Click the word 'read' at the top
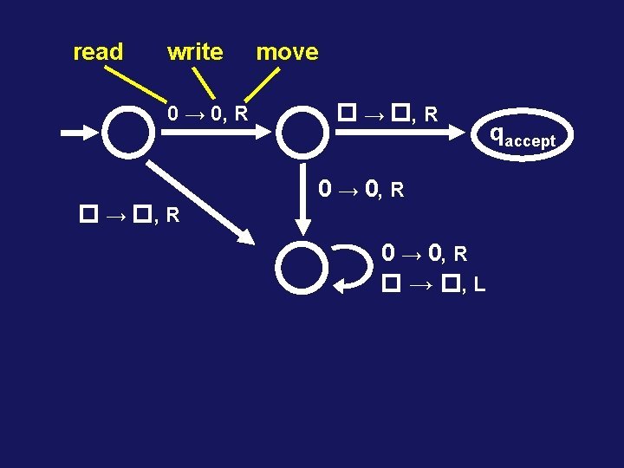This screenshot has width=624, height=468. pos(98,52)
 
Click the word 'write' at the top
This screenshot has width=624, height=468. pos(195,52)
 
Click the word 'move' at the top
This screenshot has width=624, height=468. pos(287,52)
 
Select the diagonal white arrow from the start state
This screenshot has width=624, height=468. pos(205,201)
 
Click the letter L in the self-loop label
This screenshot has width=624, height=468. pos(479,283)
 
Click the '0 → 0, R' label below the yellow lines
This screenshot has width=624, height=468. pos(208,114)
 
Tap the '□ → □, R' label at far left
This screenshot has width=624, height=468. pos(129,214)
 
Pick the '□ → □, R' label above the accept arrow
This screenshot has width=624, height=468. pos(387,113)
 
